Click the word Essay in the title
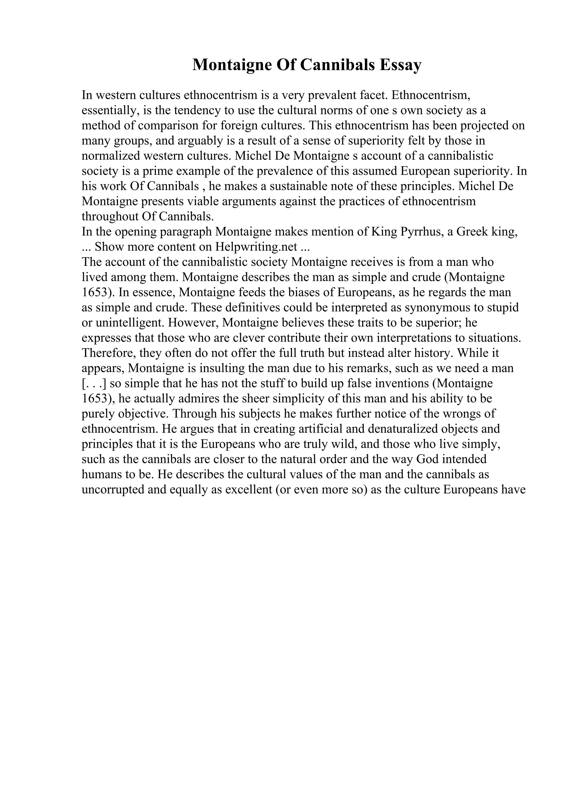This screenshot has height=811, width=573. click(x=400, y=65)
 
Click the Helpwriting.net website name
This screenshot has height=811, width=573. click(x=256, y=247)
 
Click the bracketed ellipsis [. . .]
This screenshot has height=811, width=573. click(x=94, y=383)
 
